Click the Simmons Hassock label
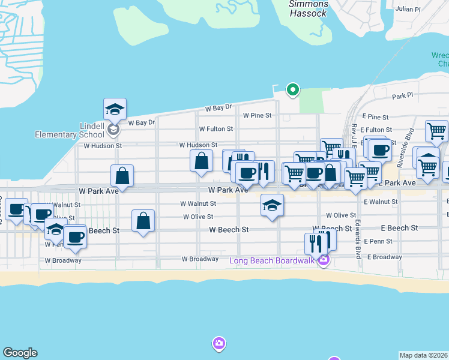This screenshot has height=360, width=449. (x=308, y=8)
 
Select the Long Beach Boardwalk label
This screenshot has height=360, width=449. (x=273, y=260)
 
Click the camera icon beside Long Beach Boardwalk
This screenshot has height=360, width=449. (x=324, y=260)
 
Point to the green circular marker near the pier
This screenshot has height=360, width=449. (x=293, y=90)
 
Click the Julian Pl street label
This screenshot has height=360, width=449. (x=408, y=9)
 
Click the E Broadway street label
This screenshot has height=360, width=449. (x=384, y=257)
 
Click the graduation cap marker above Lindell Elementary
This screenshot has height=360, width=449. (x=115, y=109)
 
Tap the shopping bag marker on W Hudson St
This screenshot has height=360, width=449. (x=201, y=161)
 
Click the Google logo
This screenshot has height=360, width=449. (x=20, y=353)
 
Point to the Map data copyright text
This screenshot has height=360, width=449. (x=423, y=355)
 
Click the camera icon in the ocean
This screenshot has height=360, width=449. (x=219, y=343)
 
